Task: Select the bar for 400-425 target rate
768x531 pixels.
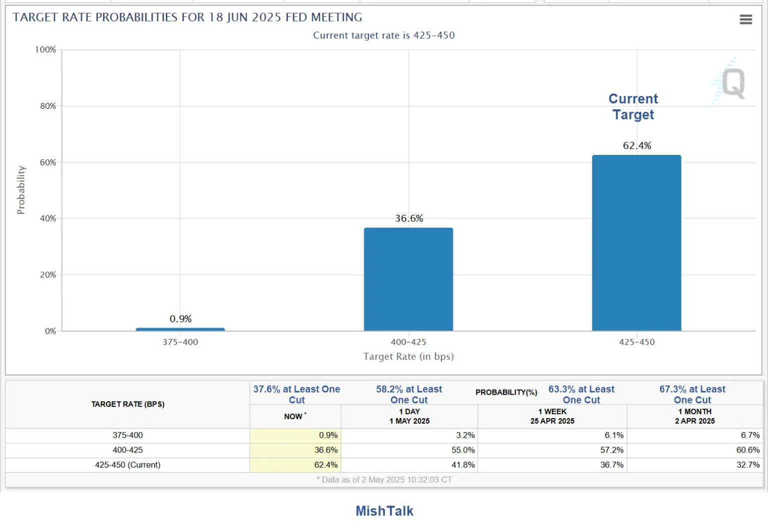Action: (408, 279)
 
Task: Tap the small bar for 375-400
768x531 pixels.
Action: (180, 329)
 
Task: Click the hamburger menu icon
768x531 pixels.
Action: (745, 19)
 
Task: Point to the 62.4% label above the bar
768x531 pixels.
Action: (636, 145)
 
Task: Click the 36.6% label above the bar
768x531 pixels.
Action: (408, 218)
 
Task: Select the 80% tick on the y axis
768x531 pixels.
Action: (48, 106)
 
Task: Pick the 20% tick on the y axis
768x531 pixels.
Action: (48, 275)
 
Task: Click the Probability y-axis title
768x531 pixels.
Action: (20, 190)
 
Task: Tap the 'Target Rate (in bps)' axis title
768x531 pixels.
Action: (408, 356)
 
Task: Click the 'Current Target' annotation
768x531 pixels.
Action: (633, 106)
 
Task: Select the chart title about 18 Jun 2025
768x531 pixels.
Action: (187, 17)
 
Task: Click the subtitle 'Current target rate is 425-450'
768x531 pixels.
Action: (383, 35)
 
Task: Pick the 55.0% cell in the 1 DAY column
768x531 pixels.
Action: (462, 450)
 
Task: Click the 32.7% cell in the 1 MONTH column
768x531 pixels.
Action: (747, 465)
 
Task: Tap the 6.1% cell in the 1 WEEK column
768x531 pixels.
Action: (613, 435)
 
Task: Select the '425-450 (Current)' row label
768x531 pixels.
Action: (127, 465)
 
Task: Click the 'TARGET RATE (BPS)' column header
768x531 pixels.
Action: (127, 404)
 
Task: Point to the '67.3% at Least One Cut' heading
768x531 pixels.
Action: (692, 394)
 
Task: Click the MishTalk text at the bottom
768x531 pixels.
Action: (384, 511)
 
